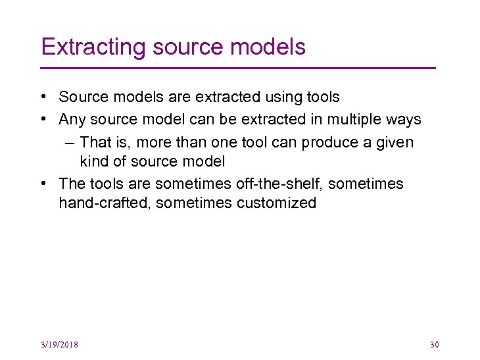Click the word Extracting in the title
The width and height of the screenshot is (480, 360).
(93, 47)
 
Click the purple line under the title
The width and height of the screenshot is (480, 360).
(238, 68)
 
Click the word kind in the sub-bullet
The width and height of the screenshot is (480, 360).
(93, 161)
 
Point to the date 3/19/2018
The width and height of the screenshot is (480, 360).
(59, 345)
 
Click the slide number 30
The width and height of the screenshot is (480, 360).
(434, 345)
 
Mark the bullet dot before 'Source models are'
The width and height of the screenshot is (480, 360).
(42, 97)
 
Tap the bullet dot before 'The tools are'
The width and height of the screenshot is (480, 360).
(42, 184)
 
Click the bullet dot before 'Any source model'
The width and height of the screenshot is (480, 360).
(42, 120)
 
